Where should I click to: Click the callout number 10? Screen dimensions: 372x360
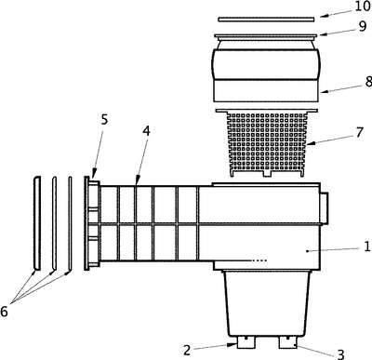pyautogui.click(x=363, y=7)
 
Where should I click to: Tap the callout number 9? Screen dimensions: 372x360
pyautogui.click(x=363, y=27)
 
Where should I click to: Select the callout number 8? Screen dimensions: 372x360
pyautogui.click(x=368, y=82)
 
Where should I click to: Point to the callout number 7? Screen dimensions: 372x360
pyautogui.click(x=359, y=133)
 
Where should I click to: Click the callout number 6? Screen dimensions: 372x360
pyautogui.click(x=4, y=312)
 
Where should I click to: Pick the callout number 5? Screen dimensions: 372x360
pyautogui.click(x=104, y=119)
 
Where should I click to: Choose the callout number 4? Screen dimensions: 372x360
pyautogui.click(x=146, y=131)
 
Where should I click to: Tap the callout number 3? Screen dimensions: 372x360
pyautogui.click(x=340, y=353)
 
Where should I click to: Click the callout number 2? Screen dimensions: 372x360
pyautogui.click(x=186, y=351)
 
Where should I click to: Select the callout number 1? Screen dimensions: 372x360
pyautogui.click(x=366, y=247)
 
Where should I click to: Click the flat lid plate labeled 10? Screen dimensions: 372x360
pyautogui.click(x=266, y=20)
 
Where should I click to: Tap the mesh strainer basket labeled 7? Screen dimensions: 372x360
pyautogui.click(x=267, y=142)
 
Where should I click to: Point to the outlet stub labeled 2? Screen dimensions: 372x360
pyautogui.click(x=246, y=342)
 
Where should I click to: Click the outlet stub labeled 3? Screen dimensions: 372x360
pyautogui.click(x=287, y=342)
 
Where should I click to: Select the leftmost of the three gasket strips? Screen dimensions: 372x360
pyautogui.click(x=37, y=223)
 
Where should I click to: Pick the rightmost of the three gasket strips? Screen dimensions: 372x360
pyautogui.click(x=70, y=223)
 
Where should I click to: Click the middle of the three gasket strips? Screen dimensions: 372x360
pyautogui.click(x=54, y=223)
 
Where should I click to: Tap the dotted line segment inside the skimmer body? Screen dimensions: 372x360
pyautogui.click(x=259, y=260)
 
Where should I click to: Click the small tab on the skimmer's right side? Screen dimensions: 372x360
pyautogui.click(x=324, y=207)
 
